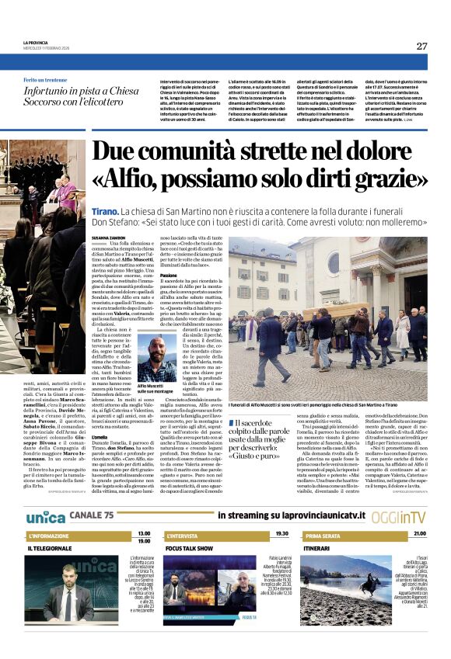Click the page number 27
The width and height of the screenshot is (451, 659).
421,46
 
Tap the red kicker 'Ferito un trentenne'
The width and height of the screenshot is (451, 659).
45,80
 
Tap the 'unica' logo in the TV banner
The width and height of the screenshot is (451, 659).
45,516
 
